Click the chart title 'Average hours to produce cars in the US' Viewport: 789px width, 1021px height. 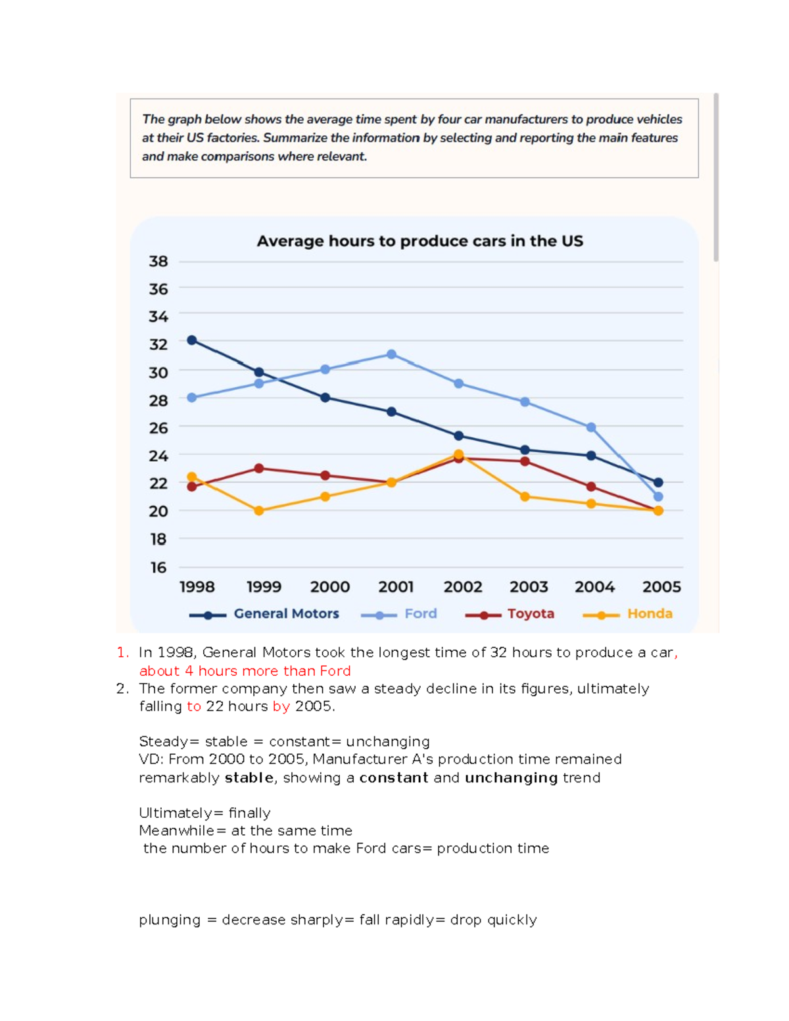(x=419, y=241)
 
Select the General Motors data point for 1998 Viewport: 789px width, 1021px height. (x=192, y=340)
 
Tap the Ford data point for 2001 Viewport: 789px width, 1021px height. (x=391, y=354)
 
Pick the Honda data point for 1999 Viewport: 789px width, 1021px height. (x=258, y=511)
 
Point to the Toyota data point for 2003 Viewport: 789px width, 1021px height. (x=525, y=462)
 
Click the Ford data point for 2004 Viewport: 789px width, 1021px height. (x=591, y=427)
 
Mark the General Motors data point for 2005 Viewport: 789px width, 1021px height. (x=658, y=483)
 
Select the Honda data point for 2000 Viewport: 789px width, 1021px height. (x=325, y=496)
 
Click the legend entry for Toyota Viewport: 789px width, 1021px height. (x=510, y=614)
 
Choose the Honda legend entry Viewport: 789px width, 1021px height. (x=627, y=614)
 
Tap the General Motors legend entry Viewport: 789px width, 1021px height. (x=264, y=614)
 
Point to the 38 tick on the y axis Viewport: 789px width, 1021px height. (x=158, y=262)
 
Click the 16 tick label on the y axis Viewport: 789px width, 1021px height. (x=158, y=567)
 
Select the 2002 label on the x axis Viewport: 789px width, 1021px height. (x=463, y=587)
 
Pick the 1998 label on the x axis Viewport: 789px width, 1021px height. (x=197, y=587)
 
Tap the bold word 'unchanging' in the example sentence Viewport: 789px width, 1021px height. (x=512, y=778)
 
